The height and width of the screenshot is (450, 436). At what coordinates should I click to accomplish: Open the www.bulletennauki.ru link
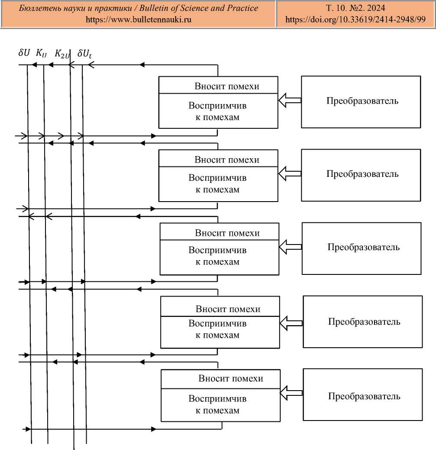(139, 20)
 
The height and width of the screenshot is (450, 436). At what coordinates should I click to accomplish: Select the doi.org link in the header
(355, 20)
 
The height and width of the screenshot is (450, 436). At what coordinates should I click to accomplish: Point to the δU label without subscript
(24, 53)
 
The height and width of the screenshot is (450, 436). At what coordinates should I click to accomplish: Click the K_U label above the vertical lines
(42, 54)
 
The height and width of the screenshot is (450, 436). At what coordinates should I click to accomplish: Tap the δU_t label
(84, 54)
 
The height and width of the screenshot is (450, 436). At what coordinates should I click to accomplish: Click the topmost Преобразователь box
(361, 101)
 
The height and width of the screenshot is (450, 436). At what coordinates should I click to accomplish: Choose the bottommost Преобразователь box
(362, 396)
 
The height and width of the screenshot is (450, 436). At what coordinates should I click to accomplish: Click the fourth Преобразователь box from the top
(362, 322)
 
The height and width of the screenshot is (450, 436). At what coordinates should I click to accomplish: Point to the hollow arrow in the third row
(291, 248)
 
